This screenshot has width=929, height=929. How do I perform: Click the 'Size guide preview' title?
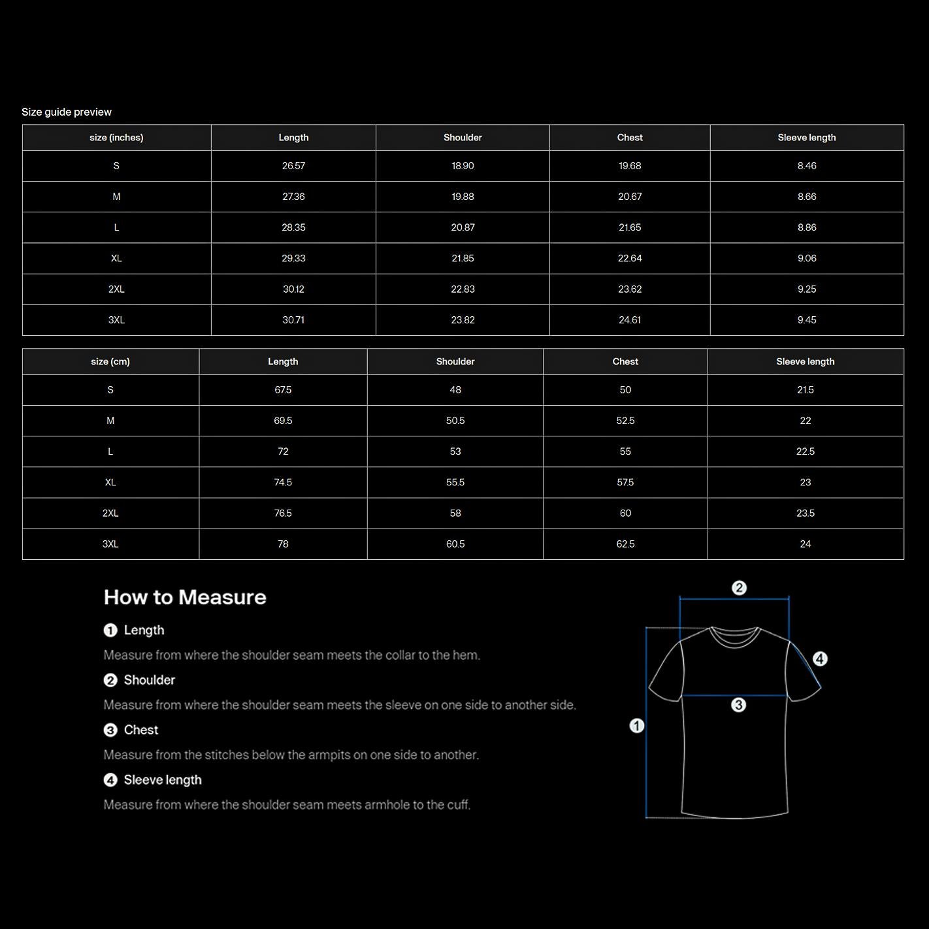coord(67,112)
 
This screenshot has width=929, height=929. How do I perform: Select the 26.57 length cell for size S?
coord(293,166)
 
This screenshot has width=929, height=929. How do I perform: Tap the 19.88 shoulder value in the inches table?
coord(463,197)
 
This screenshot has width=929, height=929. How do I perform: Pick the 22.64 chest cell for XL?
coord(630,259)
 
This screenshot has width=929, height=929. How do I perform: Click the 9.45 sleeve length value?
coord(807,320)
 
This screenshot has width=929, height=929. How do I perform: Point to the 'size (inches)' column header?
coord(116,138)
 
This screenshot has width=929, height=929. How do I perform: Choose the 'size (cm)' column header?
coord(110,362)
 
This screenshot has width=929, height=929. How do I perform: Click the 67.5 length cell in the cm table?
coord(283,390)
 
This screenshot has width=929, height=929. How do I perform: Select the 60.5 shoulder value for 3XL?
coord(455,544)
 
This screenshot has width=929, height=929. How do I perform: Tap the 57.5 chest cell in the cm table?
coord(625,483)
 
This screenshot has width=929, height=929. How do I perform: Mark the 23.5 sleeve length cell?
coord(806,513)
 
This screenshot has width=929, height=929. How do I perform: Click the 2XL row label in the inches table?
coord(116,289)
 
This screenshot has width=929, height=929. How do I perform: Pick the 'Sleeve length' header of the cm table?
coord(806,362)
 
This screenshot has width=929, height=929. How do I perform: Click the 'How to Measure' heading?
coord(185,597)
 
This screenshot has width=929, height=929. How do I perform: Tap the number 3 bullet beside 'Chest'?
coord(110,730)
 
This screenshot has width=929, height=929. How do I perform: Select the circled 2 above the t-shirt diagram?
coord(739,588)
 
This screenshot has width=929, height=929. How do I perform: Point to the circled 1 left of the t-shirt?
coord(637,726)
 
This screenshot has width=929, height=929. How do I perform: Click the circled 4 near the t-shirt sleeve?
coord(820,659)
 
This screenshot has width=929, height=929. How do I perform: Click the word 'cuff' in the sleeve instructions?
coord(458,805)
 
